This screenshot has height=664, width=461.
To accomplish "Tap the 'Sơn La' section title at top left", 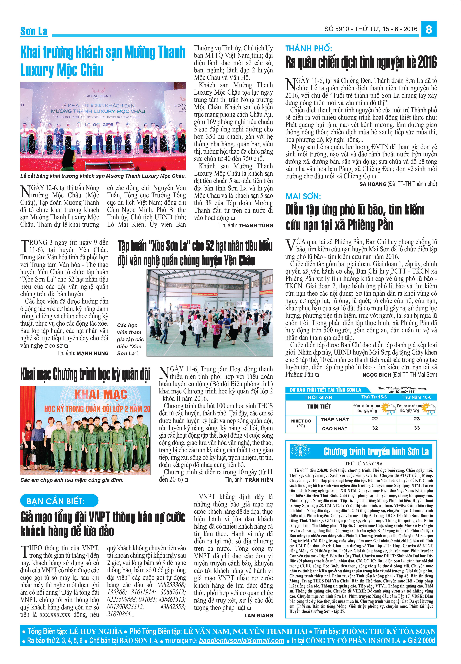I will point(34,31).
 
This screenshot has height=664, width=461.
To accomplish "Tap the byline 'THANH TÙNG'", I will point(256,225).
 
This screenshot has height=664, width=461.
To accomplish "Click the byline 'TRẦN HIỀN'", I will point(259,479).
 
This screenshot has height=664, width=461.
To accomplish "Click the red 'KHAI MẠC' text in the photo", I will point(100,394).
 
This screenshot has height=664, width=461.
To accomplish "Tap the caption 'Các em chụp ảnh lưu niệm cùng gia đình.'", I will point(72,480).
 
